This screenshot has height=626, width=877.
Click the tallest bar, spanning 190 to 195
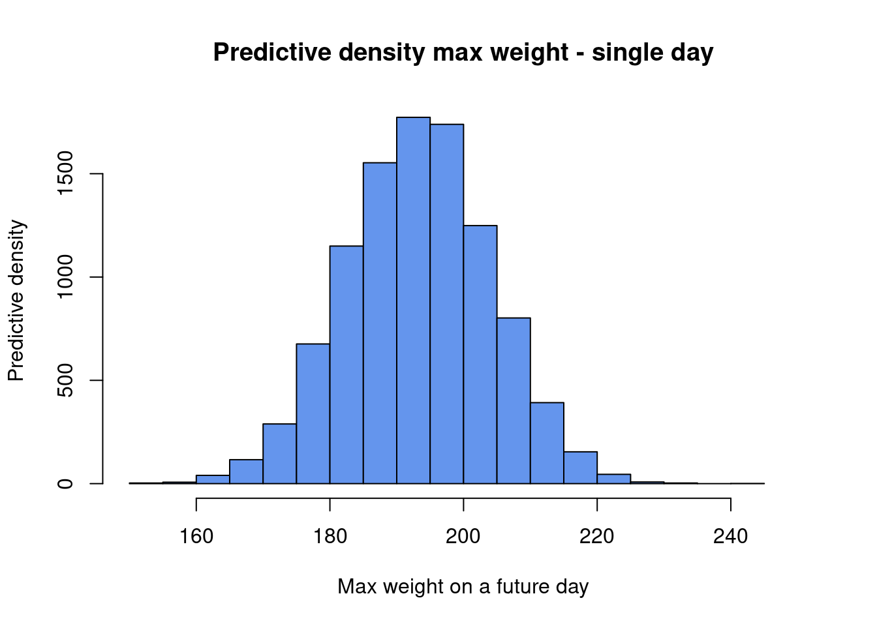click(413, 300)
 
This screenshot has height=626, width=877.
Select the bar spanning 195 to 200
click(447, 303)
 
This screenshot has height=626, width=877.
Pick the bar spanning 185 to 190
click(380, 323)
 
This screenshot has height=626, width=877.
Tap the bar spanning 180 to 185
click(346, 365)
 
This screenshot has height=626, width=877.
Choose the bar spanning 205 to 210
click(514, 400)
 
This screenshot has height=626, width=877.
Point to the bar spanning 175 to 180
click(313, 413)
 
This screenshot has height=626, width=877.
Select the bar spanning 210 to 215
click(547, 443)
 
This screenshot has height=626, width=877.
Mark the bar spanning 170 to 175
click(279, 453)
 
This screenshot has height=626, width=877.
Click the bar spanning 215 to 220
click(580, 468)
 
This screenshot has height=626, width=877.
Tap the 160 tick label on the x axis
click(196, 536)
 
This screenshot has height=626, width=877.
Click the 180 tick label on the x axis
click(330, 536)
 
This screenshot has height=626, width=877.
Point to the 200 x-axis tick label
click(463, 536)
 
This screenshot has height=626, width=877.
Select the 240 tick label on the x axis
click(730, 536)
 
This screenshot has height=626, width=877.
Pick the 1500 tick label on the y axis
click(65, 173)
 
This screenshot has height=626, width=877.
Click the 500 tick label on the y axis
click(65, 380)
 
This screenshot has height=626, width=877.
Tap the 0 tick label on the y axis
click(65, 483)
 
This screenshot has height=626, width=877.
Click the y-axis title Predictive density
click(16, 301)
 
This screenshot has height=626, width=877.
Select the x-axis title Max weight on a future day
click(463, 586)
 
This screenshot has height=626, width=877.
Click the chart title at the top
click(463, 52)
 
